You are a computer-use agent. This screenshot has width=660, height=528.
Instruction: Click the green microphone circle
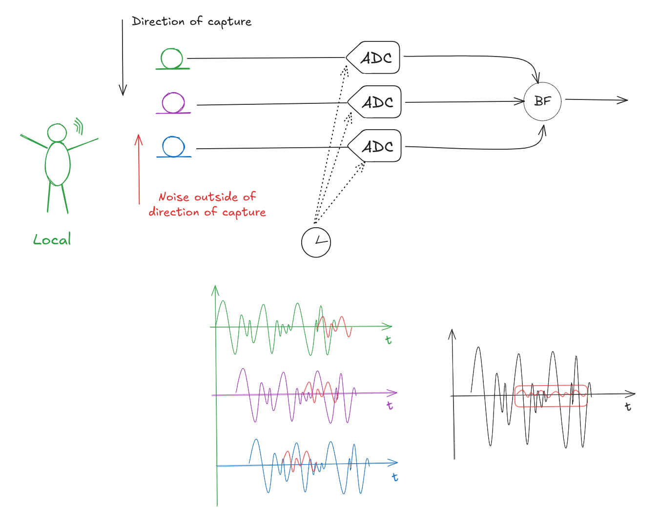172,59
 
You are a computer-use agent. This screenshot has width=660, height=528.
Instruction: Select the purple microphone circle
173,103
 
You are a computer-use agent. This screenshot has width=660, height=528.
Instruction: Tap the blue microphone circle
173,147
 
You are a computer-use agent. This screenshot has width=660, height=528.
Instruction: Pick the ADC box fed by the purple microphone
376,102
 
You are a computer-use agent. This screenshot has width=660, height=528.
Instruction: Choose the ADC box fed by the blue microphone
376,146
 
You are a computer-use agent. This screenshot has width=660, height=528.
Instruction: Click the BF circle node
542,101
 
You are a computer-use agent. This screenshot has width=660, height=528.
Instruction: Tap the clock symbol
316,242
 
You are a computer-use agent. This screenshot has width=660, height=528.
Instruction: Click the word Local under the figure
52,239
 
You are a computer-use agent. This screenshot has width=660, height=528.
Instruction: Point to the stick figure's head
57,133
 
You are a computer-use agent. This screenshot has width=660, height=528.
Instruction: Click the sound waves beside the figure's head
79,126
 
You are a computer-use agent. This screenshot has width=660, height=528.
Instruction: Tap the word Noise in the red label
174,197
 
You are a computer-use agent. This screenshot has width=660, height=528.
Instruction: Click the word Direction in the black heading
158,21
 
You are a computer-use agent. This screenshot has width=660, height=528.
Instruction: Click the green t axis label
389,340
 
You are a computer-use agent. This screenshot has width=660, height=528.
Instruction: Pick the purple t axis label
390,405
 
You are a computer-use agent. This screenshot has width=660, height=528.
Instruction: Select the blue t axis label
395,477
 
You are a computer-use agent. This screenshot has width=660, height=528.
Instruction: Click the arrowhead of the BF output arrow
623,100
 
